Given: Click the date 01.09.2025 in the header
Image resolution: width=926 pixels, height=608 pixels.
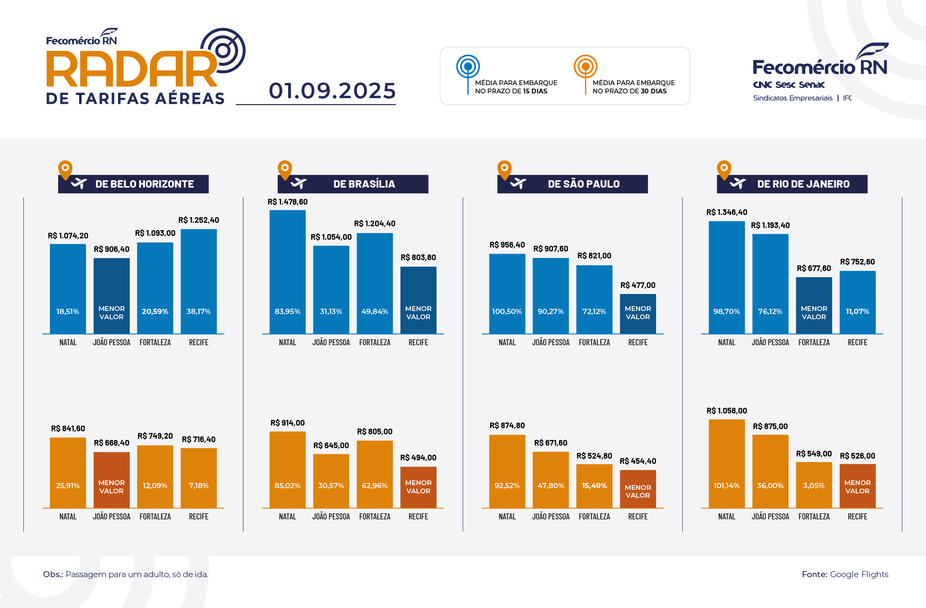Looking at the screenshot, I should tap(332, 91).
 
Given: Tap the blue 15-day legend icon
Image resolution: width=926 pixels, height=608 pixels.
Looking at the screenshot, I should tap(468, 67).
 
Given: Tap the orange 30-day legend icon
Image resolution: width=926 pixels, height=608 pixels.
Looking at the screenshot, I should tap(585, 67).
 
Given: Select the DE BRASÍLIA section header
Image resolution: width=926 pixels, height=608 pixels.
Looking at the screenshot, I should tap(364, 184).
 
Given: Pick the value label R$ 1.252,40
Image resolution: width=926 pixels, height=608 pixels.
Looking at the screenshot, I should tap(199, 220).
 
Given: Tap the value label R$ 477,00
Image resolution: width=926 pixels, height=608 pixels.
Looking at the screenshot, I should tap(638, 285).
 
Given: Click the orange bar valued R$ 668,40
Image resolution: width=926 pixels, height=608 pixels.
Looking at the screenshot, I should tap(112, 480).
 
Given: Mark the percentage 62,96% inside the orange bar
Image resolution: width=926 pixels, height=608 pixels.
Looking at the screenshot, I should tap(375, 486).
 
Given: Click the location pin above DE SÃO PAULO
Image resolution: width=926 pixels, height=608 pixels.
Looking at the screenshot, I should tap(504, 169).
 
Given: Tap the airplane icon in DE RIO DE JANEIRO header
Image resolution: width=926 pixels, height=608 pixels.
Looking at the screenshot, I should tap(737, 184).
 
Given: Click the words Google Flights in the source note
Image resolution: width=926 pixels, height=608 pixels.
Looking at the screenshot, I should tap(859, 574).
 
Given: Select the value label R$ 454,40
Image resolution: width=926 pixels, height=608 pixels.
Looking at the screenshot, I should tap(638, 461).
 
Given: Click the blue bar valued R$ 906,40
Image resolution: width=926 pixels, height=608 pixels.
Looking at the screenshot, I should tap(112, 296).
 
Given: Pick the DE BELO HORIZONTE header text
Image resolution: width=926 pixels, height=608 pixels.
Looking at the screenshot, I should tap(144, 184).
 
